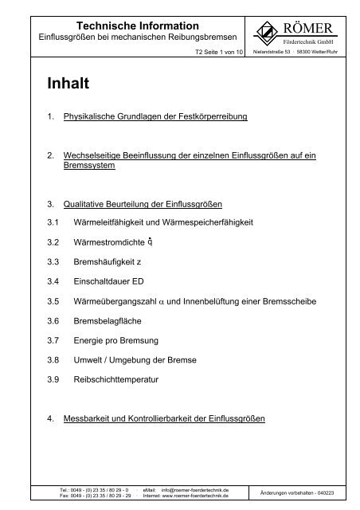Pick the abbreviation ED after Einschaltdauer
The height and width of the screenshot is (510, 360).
click(155, 281)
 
